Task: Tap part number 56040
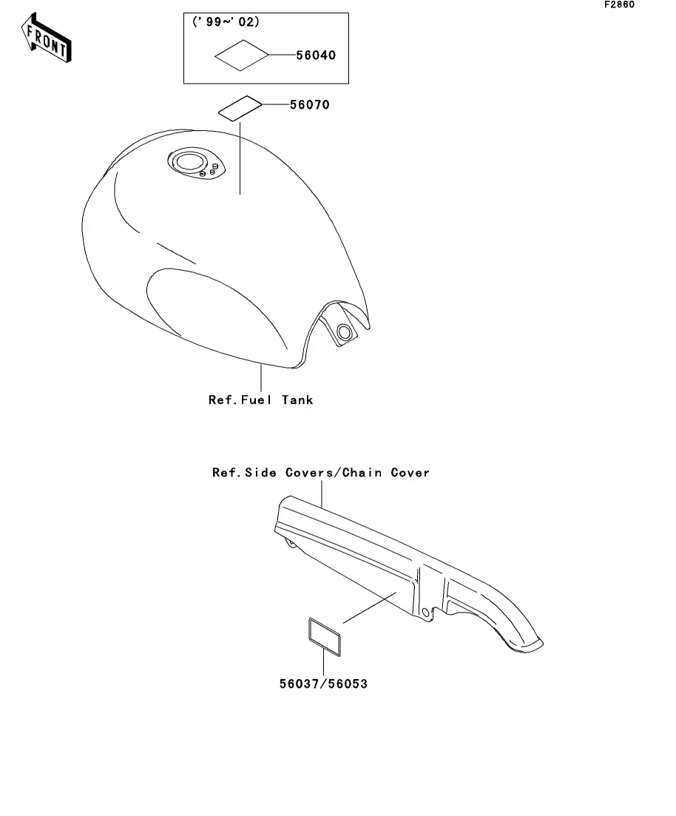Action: [320, 55]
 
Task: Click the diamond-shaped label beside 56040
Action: [241, 55]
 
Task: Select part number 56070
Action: [304, 105]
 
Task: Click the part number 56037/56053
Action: [322, 684]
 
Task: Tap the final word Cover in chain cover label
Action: [410, 472]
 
